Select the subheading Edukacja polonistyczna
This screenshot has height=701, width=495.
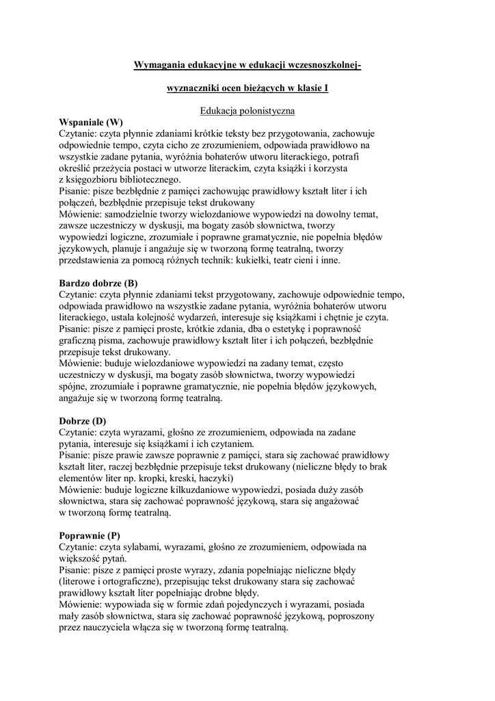247,110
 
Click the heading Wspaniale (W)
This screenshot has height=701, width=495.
91,122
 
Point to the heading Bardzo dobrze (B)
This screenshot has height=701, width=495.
98,283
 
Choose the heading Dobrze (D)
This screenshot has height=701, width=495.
83,421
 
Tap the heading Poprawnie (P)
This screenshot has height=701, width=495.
90,535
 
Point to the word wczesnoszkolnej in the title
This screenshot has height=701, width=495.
321,65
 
